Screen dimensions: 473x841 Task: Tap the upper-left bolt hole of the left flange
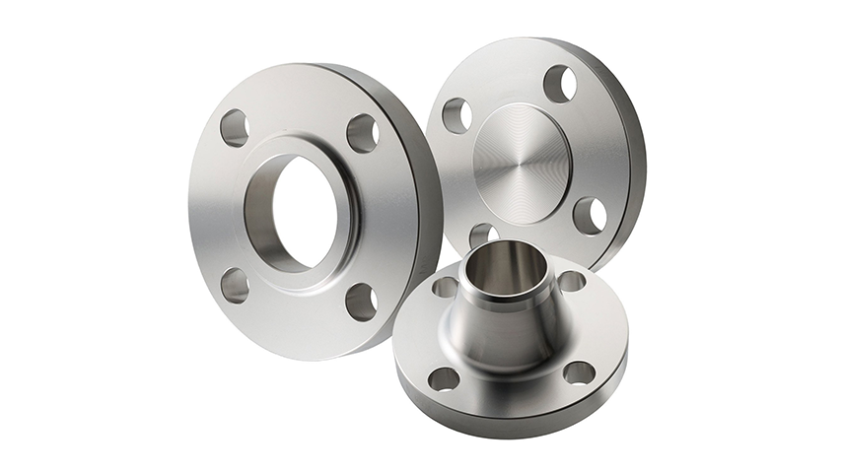(x=235, y=128)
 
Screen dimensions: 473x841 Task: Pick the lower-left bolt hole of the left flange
(x=235, y=285)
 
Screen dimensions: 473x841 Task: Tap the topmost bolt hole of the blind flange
(x=559, y=84)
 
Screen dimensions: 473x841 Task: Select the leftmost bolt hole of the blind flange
(x=456, y=115)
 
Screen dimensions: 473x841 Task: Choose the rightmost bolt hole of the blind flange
(x=590, y=215)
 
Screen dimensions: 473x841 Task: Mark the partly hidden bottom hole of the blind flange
(x=480, y=235)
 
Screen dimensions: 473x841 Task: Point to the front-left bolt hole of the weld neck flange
(x=446, y=378)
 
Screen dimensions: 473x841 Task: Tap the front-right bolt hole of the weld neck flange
(x=579, y=372)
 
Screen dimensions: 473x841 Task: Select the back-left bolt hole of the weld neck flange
(x=446, y=287)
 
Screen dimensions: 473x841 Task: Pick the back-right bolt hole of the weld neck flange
(x=571, y=282)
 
